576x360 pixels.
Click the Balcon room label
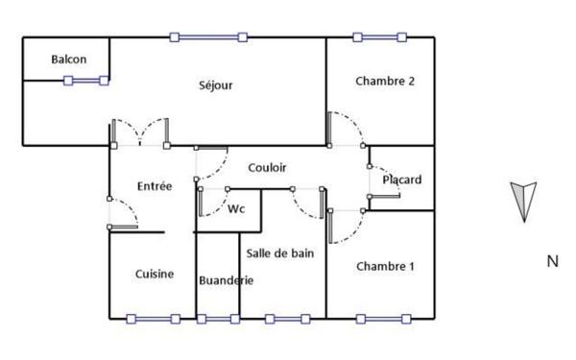pos(68,60)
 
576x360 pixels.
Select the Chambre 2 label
pos(384,82)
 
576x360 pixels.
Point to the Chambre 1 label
pos(384,266)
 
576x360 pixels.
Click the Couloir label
pos(268,167)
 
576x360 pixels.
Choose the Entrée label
pos(154,186)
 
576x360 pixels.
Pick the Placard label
pos(401,180)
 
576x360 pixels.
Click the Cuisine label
pos(154,274)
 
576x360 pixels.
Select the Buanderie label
pos(226,280)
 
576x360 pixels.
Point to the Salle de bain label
pos(279,253)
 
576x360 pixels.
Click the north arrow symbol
pos(523,201)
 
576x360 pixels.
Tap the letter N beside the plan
pos(552,260)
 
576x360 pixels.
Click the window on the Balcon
pos(86,82)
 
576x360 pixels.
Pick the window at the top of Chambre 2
pos(380,37)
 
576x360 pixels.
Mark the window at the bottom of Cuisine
pos(153,319)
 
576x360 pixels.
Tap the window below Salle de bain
pos(286,319)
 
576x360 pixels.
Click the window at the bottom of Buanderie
pos(218,319)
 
